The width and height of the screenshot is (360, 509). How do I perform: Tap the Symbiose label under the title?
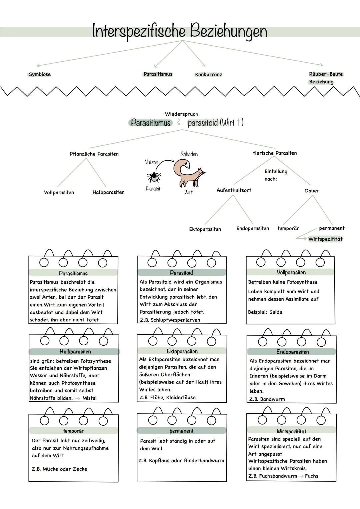(40, 74)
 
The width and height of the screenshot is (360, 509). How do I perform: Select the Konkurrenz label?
(208, 75)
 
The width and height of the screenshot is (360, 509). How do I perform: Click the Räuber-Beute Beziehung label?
(325, 78)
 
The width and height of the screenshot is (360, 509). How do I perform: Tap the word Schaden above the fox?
(189, 154)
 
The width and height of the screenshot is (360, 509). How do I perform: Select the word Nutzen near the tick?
(151, 162)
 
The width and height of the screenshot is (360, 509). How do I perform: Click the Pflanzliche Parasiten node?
(94, 154)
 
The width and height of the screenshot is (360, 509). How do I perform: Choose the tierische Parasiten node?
(275, 153)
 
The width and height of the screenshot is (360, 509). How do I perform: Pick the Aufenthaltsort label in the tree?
(234, 190)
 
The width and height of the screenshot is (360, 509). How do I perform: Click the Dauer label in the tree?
(312, 191)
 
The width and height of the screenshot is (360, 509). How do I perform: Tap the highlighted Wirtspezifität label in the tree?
(325, 239)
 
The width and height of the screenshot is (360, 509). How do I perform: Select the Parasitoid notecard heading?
(181, 273)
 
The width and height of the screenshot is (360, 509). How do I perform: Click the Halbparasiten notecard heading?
(75, 352)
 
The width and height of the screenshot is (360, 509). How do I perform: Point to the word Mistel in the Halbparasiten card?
(89, 398)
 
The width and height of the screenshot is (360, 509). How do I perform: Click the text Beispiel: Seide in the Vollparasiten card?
(265, 312)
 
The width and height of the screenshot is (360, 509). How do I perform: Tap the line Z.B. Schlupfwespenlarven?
(170, 320)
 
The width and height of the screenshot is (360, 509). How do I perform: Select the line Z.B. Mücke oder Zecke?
(59, 469)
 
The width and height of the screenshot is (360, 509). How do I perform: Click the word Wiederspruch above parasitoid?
(181, 114)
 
